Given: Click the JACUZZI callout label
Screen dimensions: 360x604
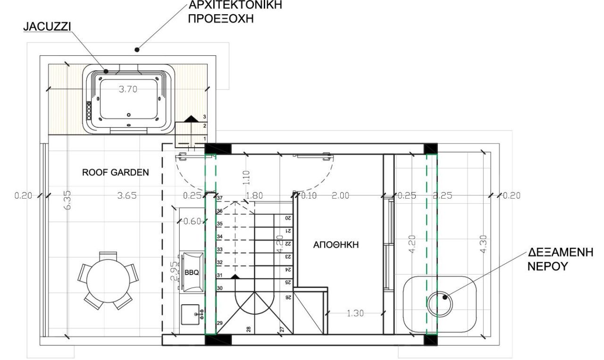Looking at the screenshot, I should [x=47, y=27].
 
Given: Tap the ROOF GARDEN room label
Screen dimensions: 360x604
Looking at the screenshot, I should [x=116, y=173].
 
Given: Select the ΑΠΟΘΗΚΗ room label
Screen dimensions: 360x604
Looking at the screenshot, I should [x=336, y=245].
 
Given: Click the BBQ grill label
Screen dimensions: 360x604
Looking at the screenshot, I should [x=192, y=273].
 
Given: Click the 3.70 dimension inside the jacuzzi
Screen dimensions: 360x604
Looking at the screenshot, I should [x=128, y=90].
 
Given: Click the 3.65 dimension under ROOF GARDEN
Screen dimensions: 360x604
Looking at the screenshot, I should [x=127, y=196].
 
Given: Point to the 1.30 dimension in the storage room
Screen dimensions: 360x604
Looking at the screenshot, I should [x=355, y=313].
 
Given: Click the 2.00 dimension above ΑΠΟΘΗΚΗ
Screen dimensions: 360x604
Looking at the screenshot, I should [x=340, y=196].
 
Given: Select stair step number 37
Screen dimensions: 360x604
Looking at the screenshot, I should [x=219, y=198].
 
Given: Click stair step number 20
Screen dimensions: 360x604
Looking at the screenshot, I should [x=287, y=218].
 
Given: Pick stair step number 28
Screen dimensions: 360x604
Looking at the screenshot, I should [x=248, y=329].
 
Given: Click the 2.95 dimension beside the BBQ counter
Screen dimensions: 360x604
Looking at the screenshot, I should [x=175, y=270].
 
